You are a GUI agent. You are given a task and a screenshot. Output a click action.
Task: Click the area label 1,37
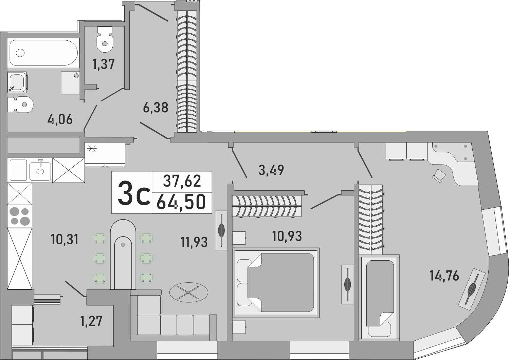coord(104,64)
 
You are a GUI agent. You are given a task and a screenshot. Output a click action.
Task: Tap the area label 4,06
coord(60,119)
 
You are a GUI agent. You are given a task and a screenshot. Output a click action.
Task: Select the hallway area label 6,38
coord(156,108)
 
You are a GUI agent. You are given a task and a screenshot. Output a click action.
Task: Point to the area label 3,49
coord(271,170)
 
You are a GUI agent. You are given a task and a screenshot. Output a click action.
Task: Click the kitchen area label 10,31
coord(65,240)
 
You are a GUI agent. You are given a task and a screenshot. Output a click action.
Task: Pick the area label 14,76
coord(444,276)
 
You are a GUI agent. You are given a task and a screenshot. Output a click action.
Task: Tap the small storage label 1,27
coord(91,321)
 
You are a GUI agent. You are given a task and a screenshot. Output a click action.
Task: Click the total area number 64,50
coord(182,203)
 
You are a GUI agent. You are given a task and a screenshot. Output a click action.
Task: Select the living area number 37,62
coord(182,181)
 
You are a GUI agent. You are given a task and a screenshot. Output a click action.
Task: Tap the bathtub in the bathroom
coord(43,53)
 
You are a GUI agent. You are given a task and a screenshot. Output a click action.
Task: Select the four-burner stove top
coord(20,216)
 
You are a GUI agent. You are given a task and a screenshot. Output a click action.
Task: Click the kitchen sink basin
coord(40,171)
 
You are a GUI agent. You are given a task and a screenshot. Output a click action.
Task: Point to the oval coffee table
coord(189,292)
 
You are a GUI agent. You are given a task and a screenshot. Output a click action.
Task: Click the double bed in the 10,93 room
coord(276,282)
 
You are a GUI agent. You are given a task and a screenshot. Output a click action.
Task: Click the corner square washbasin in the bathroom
coord(17,82)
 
